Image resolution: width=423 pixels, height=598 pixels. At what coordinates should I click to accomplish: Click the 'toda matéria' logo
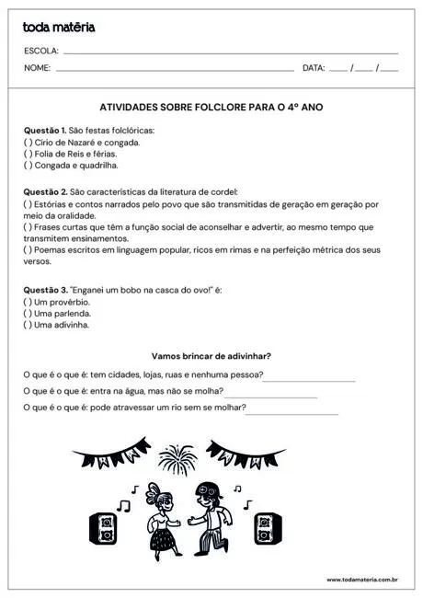point(59,28)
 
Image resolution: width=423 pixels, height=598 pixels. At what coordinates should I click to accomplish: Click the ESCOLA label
point(41,51)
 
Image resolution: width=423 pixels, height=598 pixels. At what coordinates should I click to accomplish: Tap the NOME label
point(38,68)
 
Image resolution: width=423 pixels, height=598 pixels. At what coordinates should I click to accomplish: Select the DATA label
point(314,68)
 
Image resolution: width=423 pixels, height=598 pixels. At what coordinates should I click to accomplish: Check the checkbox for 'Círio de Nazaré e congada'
point(28,143)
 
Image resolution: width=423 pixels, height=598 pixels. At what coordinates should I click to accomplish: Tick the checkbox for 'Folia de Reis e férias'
point(28,155)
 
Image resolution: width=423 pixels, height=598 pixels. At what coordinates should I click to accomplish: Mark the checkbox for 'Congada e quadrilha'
point(28,166)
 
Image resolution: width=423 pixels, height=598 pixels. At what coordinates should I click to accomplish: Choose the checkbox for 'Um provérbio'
point(28,302)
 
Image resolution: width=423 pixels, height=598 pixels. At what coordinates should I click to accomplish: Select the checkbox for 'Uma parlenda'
point(28,313)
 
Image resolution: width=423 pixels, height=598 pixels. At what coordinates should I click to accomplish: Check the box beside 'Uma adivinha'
point(28,325)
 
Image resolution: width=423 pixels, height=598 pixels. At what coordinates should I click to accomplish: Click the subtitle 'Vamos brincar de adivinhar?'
point(211,356)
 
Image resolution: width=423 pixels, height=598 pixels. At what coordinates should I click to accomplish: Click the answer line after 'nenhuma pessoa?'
point(309,380)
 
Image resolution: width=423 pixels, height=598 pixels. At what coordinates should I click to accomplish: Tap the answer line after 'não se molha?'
point(271,397)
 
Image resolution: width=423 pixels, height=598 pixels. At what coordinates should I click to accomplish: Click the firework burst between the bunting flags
point(175,456)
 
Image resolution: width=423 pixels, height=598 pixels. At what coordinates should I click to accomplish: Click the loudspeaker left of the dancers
point(103,528)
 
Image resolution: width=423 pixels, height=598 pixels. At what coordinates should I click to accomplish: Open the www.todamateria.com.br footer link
point(361,581)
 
